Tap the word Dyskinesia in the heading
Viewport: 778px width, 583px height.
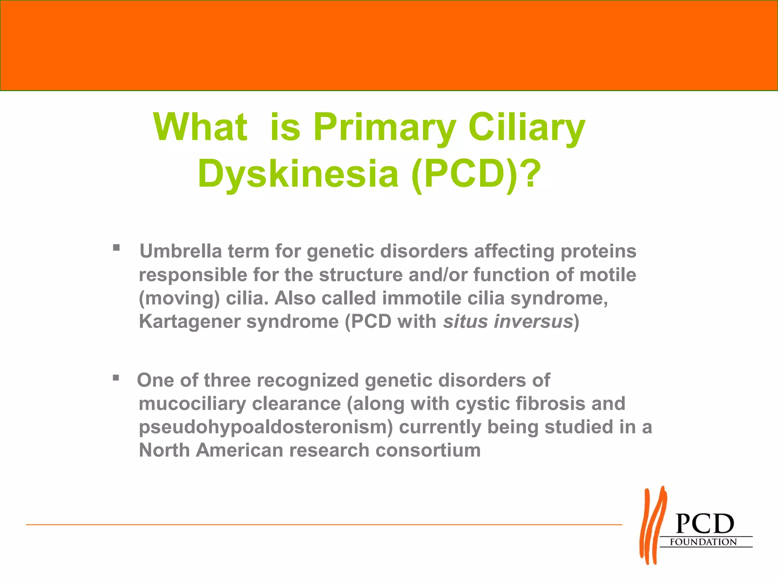pyautogui.click(x=298, y=174)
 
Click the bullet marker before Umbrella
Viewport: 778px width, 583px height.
pyautogui.click(x=116, y=248)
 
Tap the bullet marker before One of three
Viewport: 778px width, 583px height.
pyautogui.click(x=116, y=378)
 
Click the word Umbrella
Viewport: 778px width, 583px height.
pyautogui.click(x=180, y=251)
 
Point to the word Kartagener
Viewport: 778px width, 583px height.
pyautogui.click(x=190, y=321)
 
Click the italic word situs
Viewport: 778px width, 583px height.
pyautogui.click(x=465, y=321)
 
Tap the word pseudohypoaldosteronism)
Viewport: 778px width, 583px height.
pyautogui.click(x=266, y=427)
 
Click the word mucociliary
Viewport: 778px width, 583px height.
pyautogui.click(x=192, y=403)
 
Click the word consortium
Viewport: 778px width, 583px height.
pyautogui.click(x=428, y=451)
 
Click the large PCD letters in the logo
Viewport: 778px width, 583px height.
pyautogui.click(x=705, y=524)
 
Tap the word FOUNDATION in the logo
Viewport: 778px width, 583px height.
pyautogui.click(x=703, y=542)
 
